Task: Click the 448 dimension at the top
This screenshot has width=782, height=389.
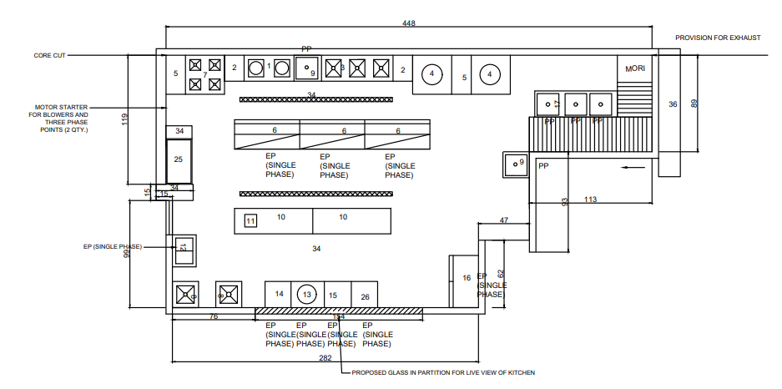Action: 409,23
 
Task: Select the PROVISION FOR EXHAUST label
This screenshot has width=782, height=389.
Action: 718,38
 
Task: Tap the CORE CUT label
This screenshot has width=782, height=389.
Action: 49,56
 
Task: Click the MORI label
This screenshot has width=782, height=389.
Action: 636,68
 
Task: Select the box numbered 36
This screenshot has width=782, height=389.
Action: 674,104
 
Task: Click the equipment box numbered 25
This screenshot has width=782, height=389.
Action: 178,159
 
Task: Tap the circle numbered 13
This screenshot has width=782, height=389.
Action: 307,295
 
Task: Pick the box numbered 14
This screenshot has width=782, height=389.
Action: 280,294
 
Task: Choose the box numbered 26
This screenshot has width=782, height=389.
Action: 365,296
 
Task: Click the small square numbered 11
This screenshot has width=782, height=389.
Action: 250,221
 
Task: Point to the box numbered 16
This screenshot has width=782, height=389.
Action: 466,278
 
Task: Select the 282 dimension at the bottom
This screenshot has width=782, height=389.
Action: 325,358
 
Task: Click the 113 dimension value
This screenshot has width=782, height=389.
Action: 590,200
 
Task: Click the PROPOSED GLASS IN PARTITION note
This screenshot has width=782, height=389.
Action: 442,372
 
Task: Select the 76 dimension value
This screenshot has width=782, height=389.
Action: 213,317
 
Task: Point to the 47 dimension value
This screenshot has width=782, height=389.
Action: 504,220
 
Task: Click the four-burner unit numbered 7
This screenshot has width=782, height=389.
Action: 204,73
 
